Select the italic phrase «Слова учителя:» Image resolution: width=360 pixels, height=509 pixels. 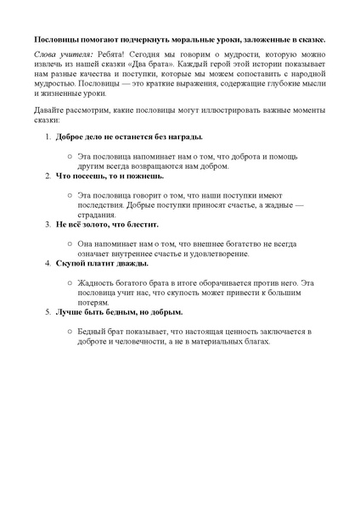(x=58, y=54)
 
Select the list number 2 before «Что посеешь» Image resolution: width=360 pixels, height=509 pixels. (x=48, y=176)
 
